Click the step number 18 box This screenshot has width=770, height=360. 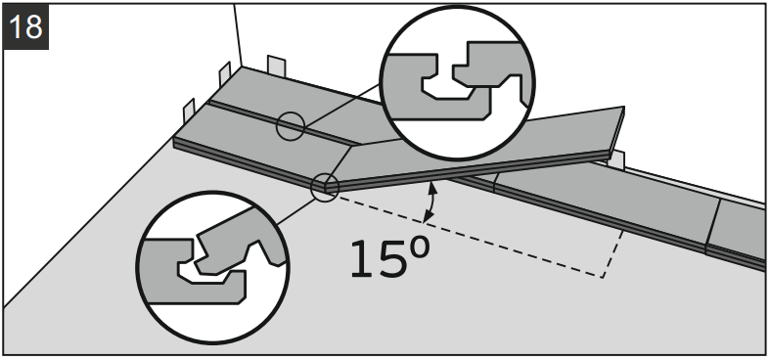[x=25, y=26]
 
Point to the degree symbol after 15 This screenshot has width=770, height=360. [x=420, y=248]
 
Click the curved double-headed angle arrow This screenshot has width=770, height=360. [x=431, y=202]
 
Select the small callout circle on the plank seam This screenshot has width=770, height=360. [x=291, y=126]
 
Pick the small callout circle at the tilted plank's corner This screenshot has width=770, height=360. [x=325, y=187]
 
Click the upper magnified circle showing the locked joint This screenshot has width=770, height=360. [x=457, y=82]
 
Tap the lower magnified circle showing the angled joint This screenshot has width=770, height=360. [x=212, y=267]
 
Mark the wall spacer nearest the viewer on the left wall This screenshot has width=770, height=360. [x=189, y=112]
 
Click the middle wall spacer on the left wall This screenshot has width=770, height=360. [x=224, y=74]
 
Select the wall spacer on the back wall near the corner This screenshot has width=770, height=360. [x=276, y=67]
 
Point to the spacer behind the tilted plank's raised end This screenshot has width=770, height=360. [x=616, y=160]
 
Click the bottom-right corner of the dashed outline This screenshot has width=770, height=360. [x=603, y=278]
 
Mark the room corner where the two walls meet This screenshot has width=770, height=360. [x=241, y=67]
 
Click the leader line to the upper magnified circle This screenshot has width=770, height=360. [x=341, y=105]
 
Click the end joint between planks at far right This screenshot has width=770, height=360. [x=713, y=226]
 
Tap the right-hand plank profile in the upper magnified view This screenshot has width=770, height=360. [x=492, y=69]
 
